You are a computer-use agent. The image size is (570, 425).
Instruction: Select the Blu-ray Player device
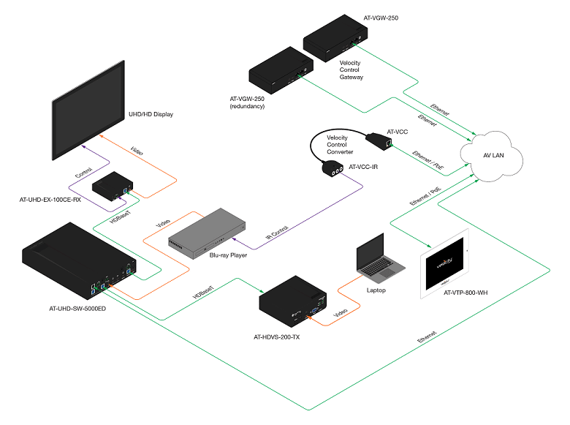[202, 232]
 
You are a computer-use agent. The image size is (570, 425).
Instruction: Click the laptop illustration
[376, 260]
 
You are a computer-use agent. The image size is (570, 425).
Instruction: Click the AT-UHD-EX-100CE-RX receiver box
[112, 187]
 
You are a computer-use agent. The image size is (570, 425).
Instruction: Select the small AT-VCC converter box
[382, 139]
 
